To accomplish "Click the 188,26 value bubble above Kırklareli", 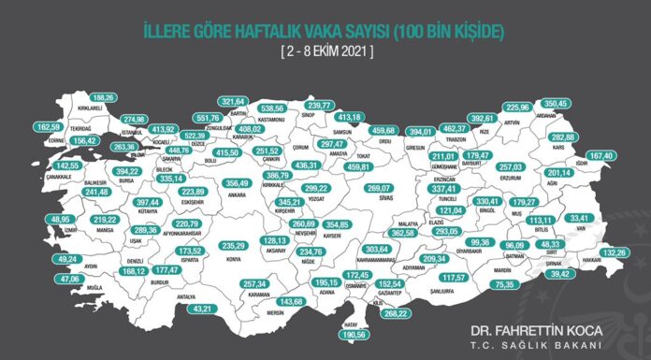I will click(103, 97).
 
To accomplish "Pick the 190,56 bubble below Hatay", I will click(353, 334).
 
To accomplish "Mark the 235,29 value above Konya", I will click(233, 246).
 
